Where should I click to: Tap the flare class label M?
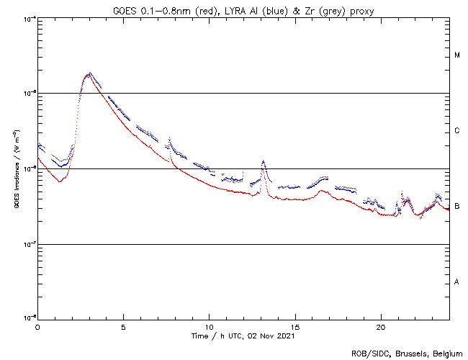tap(457, 55)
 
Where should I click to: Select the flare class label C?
tap(457, 131)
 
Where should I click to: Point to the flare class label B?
tap(457, 207)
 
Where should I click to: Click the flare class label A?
tap(457, 282)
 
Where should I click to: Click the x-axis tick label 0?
tap(37, 327)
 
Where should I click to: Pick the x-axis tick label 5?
tap(123, 327)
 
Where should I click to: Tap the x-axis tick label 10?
tap(209, 327)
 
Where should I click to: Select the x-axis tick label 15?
tap(295, 327)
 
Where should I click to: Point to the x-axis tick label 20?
tap(381, 327)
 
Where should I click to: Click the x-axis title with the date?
tap(243, 336)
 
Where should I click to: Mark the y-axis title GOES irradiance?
tap(15, 168)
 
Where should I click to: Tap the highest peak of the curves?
tap(89, 73)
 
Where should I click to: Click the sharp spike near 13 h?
tap(264, 161)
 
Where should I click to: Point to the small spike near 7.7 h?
tap(169, 138)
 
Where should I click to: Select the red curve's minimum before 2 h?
tap(60, 181)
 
